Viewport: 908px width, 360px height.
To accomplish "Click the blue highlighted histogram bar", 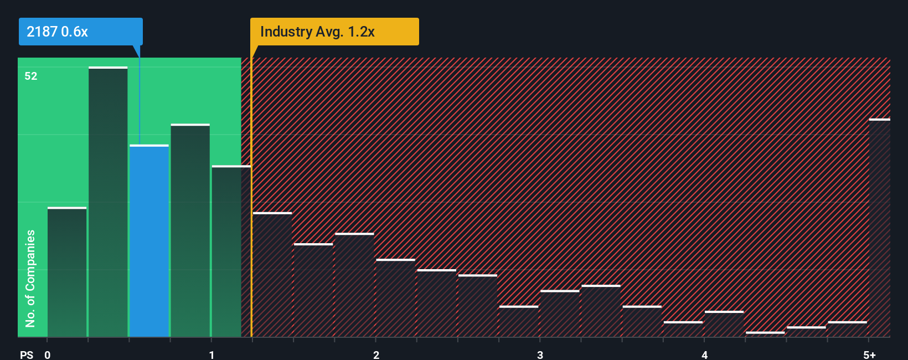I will tap(149, 241).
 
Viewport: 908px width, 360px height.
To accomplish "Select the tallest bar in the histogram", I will tap(108, 202).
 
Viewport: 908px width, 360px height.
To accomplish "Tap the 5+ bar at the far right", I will tap(879, 228).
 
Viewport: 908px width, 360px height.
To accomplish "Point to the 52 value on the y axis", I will tap(31, 76).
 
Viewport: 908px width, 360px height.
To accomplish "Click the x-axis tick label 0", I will tap(48, 354).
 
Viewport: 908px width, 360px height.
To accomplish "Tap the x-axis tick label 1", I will tap(211, 354).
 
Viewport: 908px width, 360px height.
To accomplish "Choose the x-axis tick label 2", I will tap(376, 354).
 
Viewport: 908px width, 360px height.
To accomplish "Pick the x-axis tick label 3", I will tap(540, 354).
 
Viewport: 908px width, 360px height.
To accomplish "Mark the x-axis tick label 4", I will tap(704, 354).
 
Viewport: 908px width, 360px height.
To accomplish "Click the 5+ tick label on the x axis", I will tap(869, 354).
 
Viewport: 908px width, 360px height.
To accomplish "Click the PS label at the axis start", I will tap(27, 354).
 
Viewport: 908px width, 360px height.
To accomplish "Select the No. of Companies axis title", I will tap(30, 278).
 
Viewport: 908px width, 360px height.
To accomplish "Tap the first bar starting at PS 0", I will tap(67, 272).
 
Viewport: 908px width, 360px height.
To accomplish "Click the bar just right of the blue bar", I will tap(190, 230).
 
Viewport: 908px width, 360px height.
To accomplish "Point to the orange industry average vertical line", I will tap(251, 194).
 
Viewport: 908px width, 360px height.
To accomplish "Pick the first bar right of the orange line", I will tap(272, 275).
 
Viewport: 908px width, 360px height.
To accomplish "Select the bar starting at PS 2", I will tap(396, 298).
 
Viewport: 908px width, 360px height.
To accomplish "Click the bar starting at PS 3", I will tap(560, 313).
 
